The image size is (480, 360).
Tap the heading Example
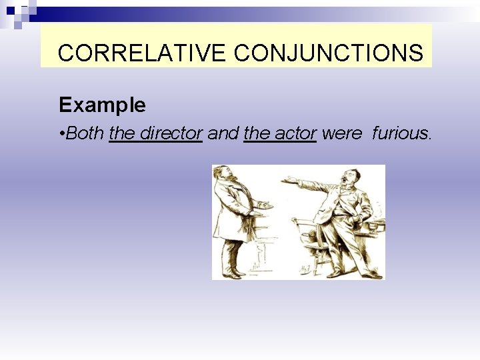click(102, 105)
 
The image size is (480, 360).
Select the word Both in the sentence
click(85, 133)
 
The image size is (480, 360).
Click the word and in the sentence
click(223, 133)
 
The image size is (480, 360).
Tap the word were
click(341, 133)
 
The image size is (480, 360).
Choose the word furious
click(401, 133)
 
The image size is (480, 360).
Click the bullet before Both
click(61, 134)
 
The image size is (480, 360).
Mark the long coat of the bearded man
click(230, 213)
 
